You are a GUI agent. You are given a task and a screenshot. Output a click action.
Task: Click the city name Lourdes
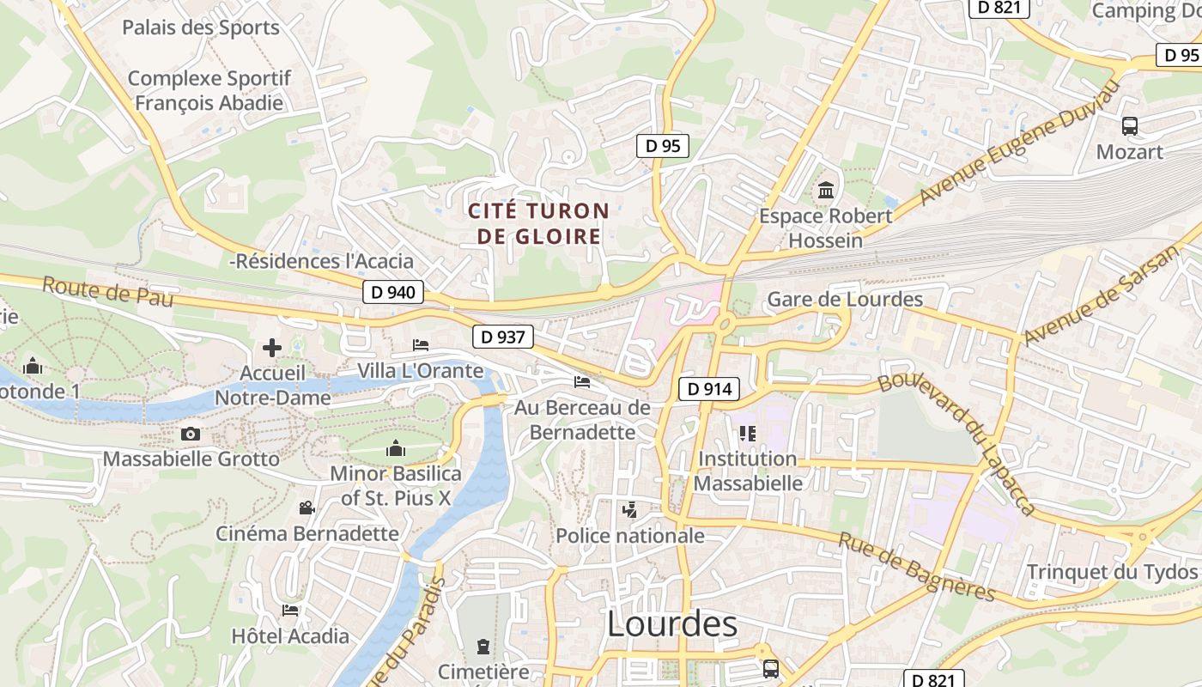(671, 624)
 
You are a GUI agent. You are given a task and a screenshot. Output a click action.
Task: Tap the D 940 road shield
(393, 292)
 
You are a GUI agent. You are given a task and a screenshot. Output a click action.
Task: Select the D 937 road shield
(503, 337)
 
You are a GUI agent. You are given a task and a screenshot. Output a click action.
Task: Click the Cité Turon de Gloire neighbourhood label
(538, 223)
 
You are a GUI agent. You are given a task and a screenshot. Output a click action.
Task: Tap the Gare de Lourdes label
(845, 300)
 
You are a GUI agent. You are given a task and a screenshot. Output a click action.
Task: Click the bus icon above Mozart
(1130, 126)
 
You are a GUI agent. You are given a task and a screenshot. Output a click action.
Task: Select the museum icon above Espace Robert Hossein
(826, 190)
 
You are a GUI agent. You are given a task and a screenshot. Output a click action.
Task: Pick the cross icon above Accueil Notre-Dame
(272, 348)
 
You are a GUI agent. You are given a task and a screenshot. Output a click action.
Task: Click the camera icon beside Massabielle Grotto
(191, 435)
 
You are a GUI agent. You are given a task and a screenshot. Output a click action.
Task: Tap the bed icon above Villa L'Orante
(421, 344)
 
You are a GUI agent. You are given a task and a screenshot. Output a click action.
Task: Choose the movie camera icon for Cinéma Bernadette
(307, 508)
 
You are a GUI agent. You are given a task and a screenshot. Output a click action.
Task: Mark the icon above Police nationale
(630, 510)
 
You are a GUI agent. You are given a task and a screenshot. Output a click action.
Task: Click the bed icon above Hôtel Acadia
(290, 611)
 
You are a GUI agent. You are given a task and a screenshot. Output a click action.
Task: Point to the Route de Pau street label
(107, 292)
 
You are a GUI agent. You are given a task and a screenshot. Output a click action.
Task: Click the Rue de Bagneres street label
(916, 568)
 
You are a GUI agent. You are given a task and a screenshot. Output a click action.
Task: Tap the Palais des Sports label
(201, 27)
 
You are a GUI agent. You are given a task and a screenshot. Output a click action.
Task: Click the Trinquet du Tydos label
(1112, 572)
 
